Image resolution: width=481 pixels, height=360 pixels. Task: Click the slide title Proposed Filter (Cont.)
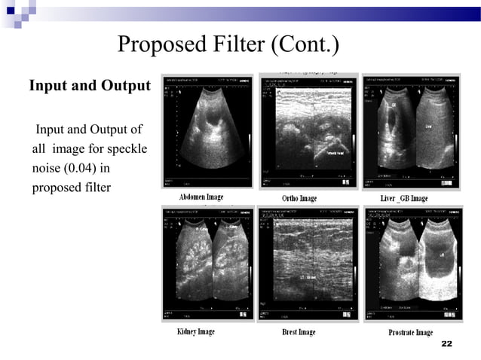click(x=228, y=46)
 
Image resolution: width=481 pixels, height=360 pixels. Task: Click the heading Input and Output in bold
click(x=90, y=85)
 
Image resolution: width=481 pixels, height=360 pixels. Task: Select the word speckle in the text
click(x=124, y=148)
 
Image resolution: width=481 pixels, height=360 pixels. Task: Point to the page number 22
click(x=446, y=344)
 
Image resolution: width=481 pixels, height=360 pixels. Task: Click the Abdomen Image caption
click(x=201, y=197)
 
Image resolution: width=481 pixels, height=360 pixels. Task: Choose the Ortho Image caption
click(x=299, y=198)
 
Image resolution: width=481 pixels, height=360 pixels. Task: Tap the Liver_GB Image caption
click(x=404, y=198)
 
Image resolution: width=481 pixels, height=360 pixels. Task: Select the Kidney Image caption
click(x=196, y=331)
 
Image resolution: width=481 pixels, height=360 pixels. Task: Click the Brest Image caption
click(x=299, y=332)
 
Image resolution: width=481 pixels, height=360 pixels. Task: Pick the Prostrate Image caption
click(x=410, y=332)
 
